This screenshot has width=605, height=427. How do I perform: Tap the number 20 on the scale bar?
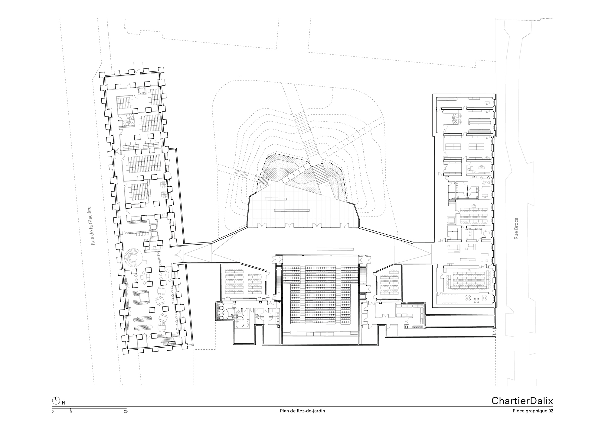(x=126, y=411)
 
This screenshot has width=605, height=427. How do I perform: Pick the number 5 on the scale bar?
(x=70, y=411)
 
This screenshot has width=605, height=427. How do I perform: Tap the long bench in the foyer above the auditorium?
(x=335, y=249)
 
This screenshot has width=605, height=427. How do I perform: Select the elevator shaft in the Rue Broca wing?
(x=452, y=220)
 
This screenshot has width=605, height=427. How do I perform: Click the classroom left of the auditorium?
(x=244, y=281)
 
